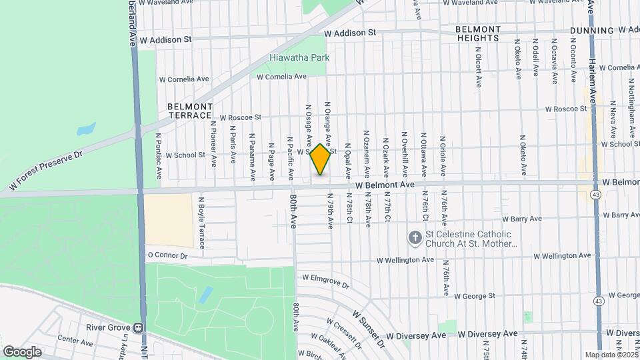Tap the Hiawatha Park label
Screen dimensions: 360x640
coord(299,58)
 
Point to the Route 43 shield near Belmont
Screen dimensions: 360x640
coord(595,193)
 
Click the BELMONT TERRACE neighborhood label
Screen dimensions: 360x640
coord(190,111)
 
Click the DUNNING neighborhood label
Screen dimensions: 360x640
coord(592,31)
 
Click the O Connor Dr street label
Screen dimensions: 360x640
coord(167,255)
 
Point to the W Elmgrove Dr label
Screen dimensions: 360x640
coord(326,281)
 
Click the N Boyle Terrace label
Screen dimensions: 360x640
coord(201,223)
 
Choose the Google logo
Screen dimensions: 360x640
coord(22,351)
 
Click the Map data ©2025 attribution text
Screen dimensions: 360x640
coord(611,355)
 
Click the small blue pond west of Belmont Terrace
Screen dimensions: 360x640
coord(86,129)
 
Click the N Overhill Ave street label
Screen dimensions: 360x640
coord(404,159)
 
